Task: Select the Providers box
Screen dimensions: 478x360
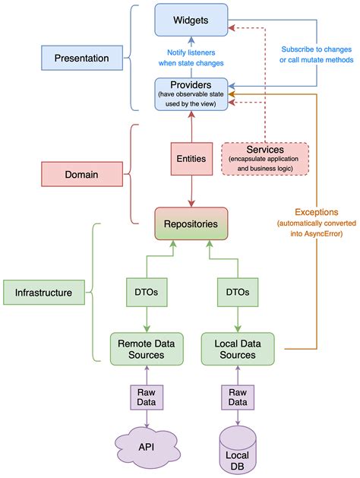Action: [x=191, y=93]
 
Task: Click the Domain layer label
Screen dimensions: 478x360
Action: [x=81, y=174]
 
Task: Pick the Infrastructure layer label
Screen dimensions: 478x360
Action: [x=44, y=291]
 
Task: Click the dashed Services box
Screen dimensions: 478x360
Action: [x=266, y=159]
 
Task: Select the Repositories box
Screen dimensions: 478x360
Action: [x=191, y=223]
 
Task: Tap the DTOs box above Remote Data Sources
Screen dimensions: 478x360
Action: [x=146, y=291]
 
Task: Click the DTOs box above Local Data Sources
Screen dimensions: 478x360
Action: [x=238, y=291]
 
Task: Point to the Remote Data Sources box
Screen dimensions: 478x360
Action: [x=146, y=349]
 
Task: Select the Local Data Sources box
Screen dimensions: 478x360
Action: [x=238, y=349]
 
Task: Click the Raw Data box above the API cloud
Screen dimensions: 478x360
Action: [x=146, y=397]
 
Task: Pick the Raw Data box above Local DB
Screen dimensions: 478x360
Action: [x=238, y=397]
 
